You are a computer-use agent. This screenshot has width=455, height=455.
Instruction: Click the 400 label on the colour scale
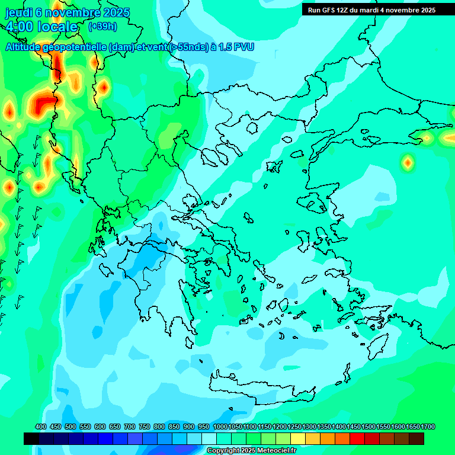point(41,427)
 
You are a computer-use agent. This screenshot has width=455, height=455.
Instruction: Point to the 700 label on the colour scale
point(130,427)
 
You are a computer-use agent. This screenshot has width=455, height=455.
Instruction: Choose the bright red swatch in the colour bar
point(357,438)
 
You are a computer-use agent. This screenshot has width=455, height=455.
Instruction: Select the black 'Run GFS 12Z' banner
point(371,9)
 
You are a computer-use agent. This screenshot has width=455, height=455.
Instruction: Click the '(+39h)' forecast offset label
point(102,26)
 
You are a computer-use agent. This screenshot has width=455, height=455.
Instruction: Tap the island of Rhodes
point(379,345)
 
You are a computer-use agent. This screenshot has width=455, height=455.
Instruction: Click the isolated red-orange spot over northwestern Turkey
point(408,162)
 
